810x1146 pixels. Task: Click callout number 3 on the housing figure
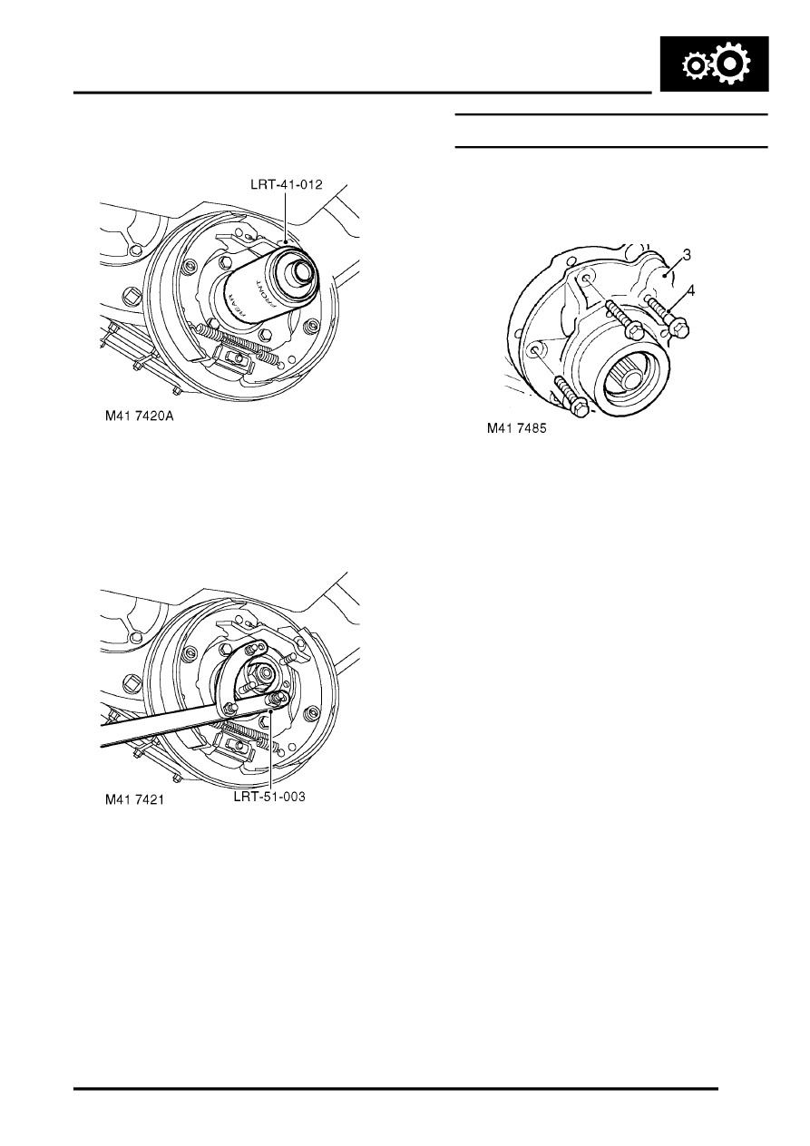pyautogui.click(x=688, y=256)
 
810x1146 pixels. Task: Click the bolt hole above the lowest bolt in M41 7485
pyautogui.click(x=537, y=350)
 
